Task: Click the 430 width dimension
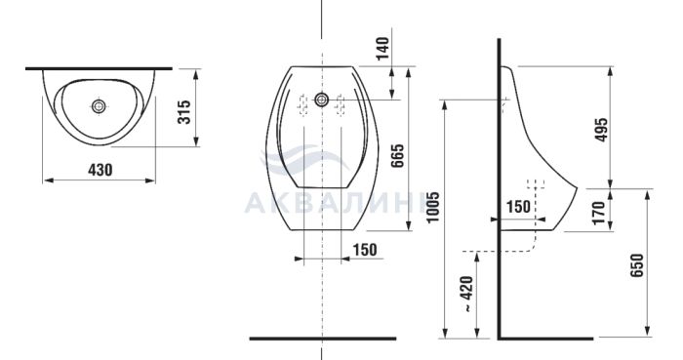pos(100,170)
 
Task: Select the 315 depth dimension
pos(184,112)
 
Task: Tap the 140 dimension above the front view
pos(382,49)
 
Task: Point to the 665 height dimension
pos(397,156)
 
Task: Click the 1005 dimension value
pos(433,207)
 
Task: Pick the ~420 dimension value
pos(467,294)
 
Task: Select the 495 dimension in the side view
pos(602,130)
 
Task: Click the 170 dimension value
pos(599,213)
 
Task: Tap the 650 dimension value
pos(636,265)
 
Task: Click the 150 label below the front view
pos(365,250)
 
